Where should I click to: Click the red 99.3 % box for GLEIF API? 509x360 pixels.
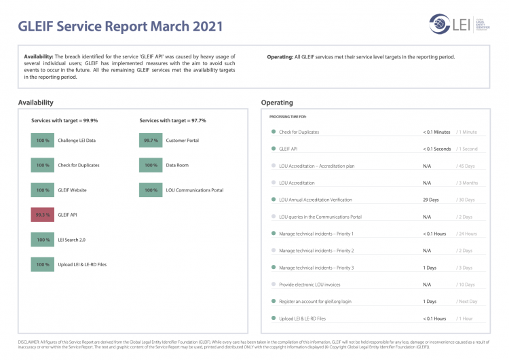tap(43, 215)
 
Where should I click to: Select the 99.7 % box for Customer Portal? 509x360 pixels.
tap(151, 140)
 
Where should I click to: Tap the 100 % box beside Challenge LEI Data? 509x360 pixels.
tap(43, 140)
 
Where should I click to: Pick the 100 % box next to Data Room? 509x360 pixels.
tap(151, 165)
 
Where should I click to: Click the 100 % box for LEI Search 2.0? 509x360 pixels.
tap(43, 240)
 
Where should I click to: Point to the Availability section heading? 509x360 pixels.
tap(36, 103)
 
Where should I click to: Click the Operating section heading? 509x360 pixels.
tap(277, 103)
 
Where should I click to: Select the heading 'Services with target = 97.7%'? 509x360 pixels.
tap(172, 120)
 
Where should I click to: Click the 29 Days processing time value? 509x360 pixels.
tap(431, 200)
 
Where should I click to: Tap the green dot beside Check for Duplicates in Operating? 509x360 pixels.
tap(274, 132)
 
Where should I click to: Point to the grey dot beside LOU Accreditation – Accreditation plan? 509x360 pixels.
tap(274, 166)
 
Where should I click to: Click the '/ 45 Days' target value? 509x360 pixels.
tap(466, 166)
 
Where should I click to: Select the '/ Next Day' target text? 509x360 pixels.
tap(467, 301)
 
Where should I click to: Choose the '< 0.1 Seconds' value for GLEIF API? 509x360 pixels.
tap(437, 149)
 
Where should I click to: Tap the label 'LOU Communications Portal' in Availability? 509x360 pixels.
tap(195, 190)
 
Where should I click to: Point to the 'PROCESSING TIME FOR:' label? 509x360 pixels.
tap(288, 117)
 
